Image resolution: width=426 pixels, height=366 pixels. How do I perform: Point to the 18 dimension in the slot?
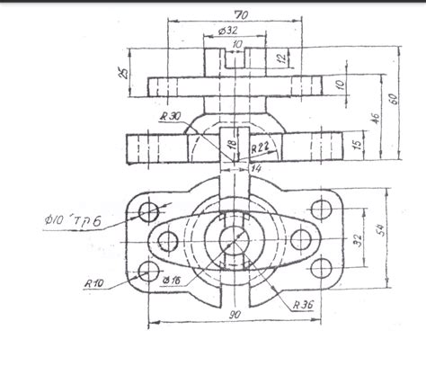pos(230,144)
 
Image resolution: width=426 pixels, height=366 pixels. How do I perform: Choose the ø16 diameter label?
pos(172,281)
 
